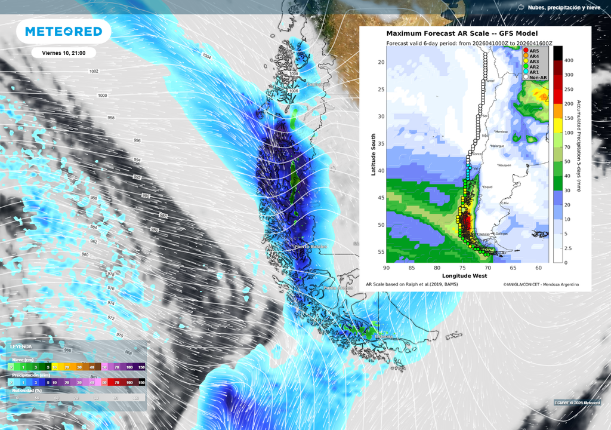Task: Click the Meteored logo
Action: pos(63,32)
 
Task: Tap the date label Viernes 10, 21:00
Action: pos(64,53)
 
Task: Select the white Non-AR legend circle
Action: pos(526,77)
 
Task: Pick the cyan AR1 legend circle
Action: pos(526,72)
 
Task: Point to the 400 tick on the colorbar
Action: pos(569,60)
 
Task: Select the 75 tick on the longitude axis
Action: pos(462,268)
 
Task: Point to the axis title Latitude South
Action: pos(374,154)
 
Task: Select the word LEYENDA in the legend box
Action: pos(21,346)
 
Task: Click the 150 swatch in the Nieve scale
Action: pos(142,366)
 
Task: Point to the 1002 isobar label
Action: pos(94,71)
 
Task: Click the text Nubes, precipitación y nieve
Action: pos(560,7)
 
